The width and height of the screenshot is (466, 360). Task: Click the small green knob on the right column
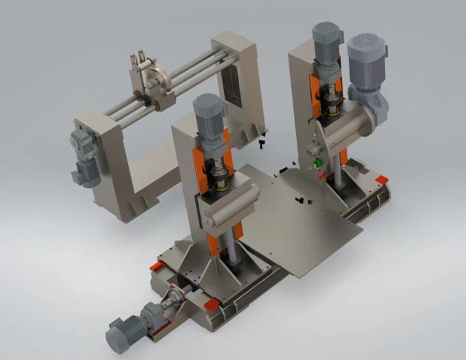317,161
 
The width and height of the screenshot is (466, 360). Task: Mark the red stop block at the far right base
381,180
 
